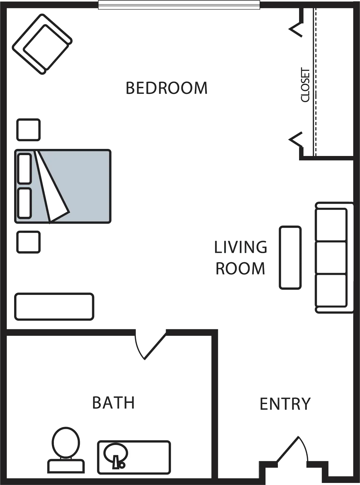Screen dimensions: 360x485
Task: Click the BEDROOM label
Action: click(x=166, y=88)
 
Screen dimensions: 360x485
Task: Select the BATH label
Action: click(x=113, y=403)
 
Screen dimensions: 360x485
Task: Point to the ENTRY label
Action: click(x=285, y=404)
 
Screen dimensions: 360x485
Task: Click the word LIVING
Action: click(x=240, y=247)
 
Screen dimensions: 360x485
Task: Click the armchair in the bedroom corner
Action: click(x=42, y=44)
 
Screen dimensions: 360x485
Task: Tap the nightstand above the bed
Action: click(x=29, y=130)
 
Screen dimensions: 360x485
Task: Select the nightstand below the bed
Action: click(x=29, y=242)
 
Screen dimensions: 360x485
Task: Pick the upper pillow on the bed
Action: click(x=24, y=168)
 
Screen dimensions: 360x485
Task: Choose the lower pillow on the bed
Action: click(x=24, y=203)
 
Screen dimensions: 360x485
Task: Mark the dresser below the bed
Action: click(x=54, y=307)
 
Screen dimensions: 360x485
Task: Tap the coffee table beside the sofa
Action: click(x=290, y=258)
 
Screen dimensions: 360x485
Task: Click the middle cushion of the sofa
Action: click(x=331, y=258)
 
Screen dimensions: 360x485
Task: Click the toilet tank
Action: click(x=66, y=466)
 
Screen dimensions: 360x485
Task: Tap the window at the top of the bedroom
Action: click(x=179, y=5)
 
